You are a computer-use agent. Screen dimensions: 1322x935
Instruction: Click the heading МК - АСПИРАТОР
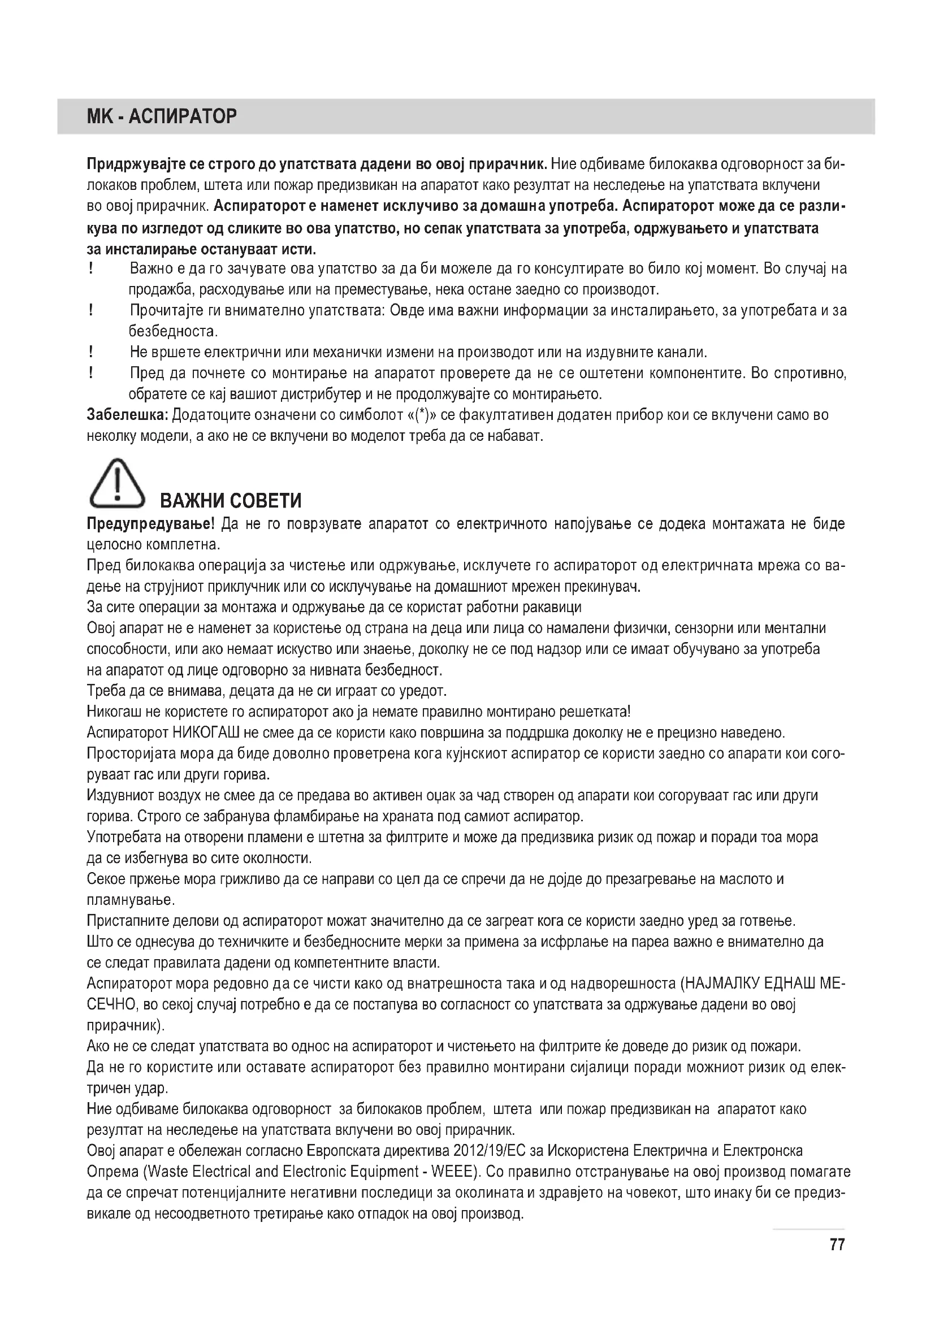161,117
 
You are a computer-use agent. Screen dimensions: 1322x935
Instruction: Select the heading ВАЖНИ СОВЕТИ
230,501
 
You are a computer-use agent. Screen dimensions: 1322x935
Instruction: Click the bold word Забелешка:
127,414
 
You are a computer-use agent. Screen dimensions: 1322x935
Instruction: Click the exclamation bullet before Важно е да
91,268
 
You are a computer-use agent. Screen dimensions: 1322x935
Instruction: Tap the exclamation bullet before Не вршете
91,351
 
